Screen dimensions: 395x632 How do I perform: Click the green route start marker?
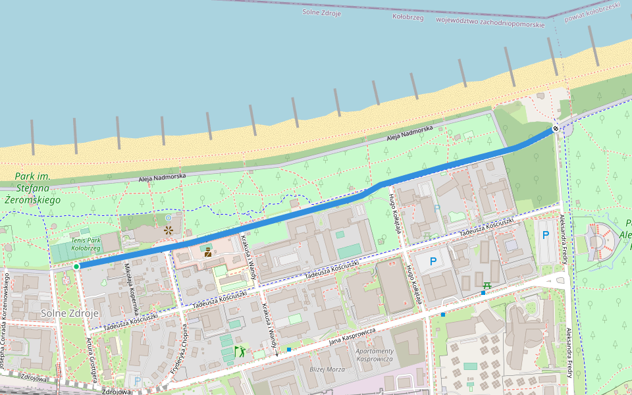(x=76, y=266)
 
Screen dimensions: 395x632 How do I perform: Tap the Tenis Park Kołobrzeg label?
(x=85, y=244)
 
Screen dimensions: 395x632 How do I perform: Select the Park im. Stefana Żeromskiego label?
(x=32, y=188)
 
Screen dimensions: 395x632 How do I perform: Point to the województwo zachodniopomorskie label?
(x=490, y=21)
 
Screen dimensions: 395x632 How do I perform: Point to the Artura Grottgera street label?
(x=92, y=359)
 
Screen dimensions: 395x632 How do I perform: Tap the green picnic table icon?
(x=487, y=285)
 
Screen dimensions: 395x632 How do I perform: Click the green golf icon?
(x=240, y=350)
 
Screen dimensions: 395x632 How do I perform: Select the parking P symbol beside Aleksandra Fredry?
(x=545, y=235)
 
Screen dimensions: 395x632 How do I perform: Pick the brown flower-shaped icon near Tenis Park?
(x=169, y=230)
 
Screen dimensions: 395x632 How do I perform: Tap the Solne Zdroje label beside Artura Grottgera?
(x=69, y=313)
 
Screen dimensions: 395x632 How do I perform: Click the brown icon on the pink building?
(x=208, y=251)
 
